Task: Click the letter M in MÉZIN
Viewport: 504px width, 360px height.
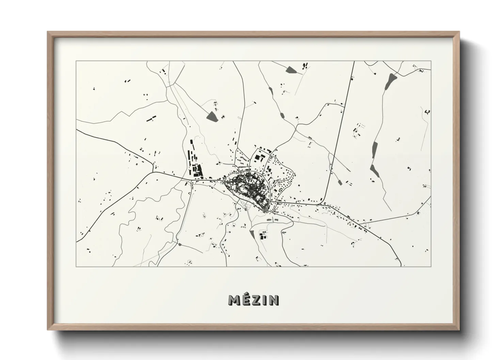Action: (235, 300)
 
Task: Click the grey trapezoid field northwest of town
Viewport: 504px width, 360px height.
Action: (213, 116)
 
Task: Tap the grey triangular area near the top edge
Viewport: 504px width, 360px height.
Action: (292, 70)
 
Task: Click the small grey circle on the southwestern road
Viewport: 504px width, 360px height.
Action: (179, 244)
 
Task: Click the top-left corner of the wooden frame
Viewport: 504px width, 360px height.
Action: (47, 32)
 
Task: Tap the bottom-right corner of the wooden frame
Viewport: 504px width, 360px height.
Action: (459, 330)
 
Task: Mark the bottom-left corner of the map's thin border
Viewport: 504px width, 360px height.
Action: (76, 266)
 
